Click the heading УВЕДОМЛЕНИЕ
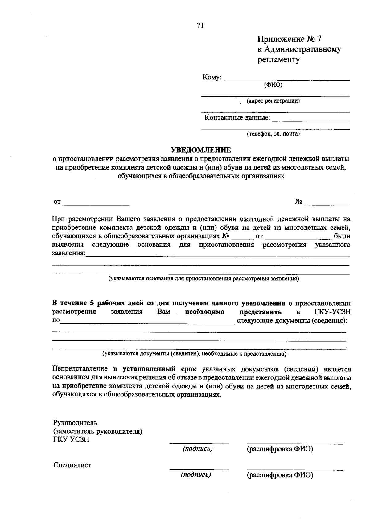click(x=201, y=150)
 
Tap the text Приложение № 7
click(x=289, y=39)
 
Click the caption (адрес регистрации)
click(x=273, y=101)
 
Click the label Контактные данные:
click(x=237, y=118)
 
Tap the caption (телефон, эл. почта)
click(x=273, y=134)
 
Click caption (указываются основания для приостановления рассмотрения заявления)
click(x=203, y=279)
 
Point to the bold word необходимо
click(x=205, y=312)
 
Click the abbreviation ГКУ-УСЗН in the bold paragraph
click(x=333, y=312)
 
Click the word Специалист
click(x=72, y=465)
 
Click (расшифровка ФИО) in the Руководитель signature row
click(x=280, y=449)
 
